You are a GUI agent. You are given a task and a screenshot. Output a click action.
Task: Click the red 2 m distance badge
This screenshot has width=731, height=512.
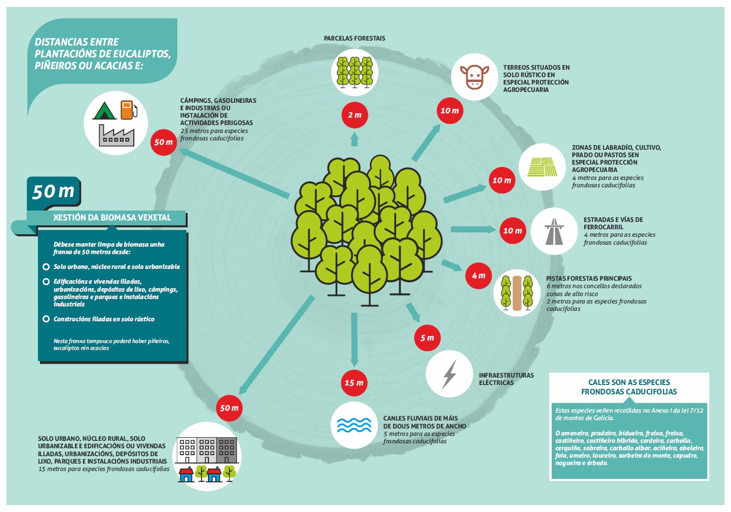point(355,115)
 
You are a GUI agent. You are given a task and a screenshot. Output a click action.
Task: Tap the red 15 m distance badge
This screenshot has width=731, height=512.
point(354,383)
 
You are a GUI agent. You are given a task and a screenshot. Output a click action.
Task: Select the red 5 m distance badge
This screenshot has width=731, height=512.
point(427,338)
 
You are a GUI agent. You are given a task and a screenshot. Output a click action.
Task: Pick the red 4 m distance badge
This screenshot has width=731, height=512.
point(479,276)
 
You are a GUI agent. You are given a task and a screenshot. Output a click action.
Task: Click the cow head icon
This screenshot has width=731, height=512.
point(475,77)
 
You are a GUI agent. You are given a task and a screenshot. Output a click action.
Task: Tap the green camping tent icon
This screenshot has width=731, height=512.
point(104,111)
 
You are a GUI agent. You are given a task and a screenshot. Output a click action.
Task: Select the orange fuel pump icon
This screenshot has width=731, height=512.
point(129,110)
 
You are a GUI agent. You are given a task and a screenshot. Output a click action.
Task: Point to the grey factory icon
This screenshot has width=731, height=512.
point(117,135)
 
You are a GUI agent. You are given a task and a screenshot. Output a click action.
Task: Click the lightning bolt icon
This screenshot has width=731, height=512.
point(449,374)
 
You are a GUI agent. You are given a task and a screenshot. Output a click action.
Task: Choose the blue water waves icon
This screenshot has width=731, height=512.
point(354,425)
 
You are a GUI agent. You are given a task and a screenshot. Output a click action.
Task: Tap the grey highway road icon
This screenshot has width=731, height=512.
point(554,231)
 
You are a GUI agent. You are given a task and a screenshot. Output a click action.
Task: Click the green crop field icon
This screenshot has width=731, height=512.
point(542,167)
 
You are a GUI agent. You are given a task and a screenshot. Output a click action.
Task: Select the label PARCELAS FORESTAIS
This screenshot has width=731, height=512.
point(355,38)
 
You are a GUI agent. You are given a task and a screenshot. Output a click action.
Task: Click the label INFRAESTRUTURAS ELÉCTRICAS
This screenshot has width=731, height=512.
point(506,379)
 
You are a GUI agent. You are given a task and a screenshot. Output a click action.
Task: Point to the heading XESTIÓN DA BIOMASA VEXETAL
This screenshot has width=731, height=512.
point(112,217)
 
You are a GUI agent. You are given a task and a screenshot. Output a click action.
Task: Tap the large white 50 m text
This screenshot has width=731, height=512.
point(53,191)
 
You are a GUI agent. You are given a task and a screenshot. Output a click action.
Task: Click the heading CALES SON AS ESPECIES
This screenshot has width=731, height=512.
point(629,382)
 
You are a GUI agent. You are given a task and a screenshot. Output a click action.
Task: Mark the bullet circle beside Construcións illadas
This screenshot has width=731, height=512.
point(46,319)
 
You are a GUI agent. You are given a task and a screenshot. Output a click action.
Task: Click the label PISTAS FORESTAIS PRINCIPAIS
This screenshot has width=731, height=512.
point(589,278)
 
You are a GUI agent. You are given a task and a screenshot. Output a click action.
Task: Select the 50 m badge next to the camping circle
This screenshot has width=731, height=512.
point(163,142)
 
